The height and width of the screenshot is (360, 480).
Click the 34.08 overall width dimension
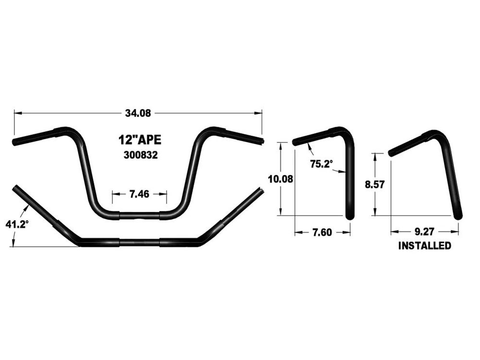(x=138, y=113)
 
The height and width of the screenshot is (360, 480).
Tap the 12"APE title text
(x=139, y=140)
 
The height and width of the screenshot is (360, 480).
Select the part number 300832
(x=139, y=156)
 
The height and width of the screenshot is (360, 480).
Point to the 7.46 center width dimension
(x=139, y=194)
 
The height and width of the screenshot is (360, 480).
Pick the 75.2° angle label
(x=321, y=164)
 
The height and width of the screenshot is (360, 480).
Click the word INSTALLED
(x=425, y=246)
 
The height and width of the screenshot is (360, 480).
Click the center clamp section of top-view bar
(x=139, y=242)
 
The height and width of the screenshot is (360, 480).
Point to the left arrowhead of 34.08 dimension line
(x=16, y=113)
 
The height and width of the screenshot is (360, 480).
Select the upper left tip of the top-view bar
(x=16, y=188)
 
